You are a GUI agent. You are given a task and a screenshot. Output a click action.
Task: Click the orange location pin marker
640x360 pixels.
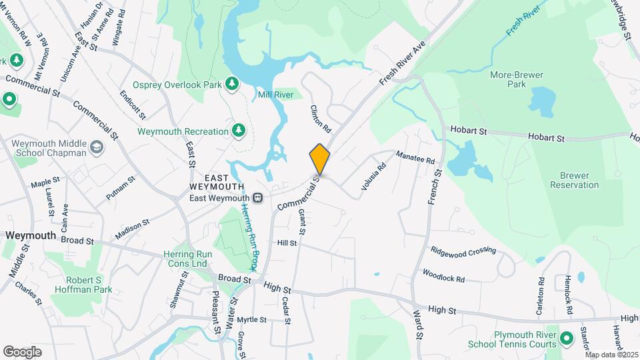click(x=319, y=159)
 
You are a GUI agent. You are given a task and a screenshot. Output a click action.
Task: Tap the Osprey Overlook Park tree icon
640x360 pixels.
click(x=231, y=83)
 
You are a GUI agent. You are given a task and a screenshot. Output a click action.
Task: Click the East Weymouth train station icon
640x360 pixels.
click(x=257, y=198)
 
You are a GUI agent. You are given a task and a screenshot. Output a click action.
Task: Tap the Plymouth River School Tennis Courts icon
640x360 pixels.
click(x=567, y=339)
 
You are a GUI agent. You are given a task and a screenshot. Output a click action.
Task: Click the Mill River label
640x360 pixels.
click(x=276, y=95)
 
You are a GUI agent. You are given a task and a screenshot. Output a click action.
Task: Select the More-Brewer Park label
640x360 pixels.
click(x=517, y=80)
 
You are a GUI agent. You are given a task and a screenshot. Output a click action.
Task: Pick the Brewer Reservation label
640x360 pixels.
click(x=575, y=180)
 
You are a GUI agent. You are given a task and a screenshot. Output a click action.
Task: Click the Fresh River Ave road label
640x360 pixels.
click(x=402, y=63)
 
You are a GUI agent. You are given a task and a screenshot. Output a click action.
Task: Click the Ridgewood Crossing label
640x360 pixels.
click(x=463, y=250)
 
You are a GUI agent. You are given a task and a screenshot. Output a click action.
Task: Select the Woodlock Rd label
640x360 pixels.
click(x=443, y=275)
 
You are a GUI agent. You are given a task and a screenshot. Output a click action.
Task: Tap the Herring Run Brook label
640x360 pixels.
click(x=249, y=237)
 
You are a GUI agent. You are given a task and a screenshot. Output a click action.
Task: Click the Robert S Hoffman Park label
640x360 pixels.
click(x=84, y=285)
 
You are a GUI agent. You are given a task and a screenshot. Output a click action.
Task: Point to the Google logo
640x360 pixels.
click(x=22, y=352)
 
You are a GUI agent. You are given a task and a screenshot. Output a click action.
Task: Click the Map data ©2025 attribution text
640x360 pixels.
click(x=612, y=355)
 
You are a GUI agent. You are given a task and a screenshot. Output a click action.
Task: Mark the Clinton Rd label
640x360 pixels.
click(x=321, y=117)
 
